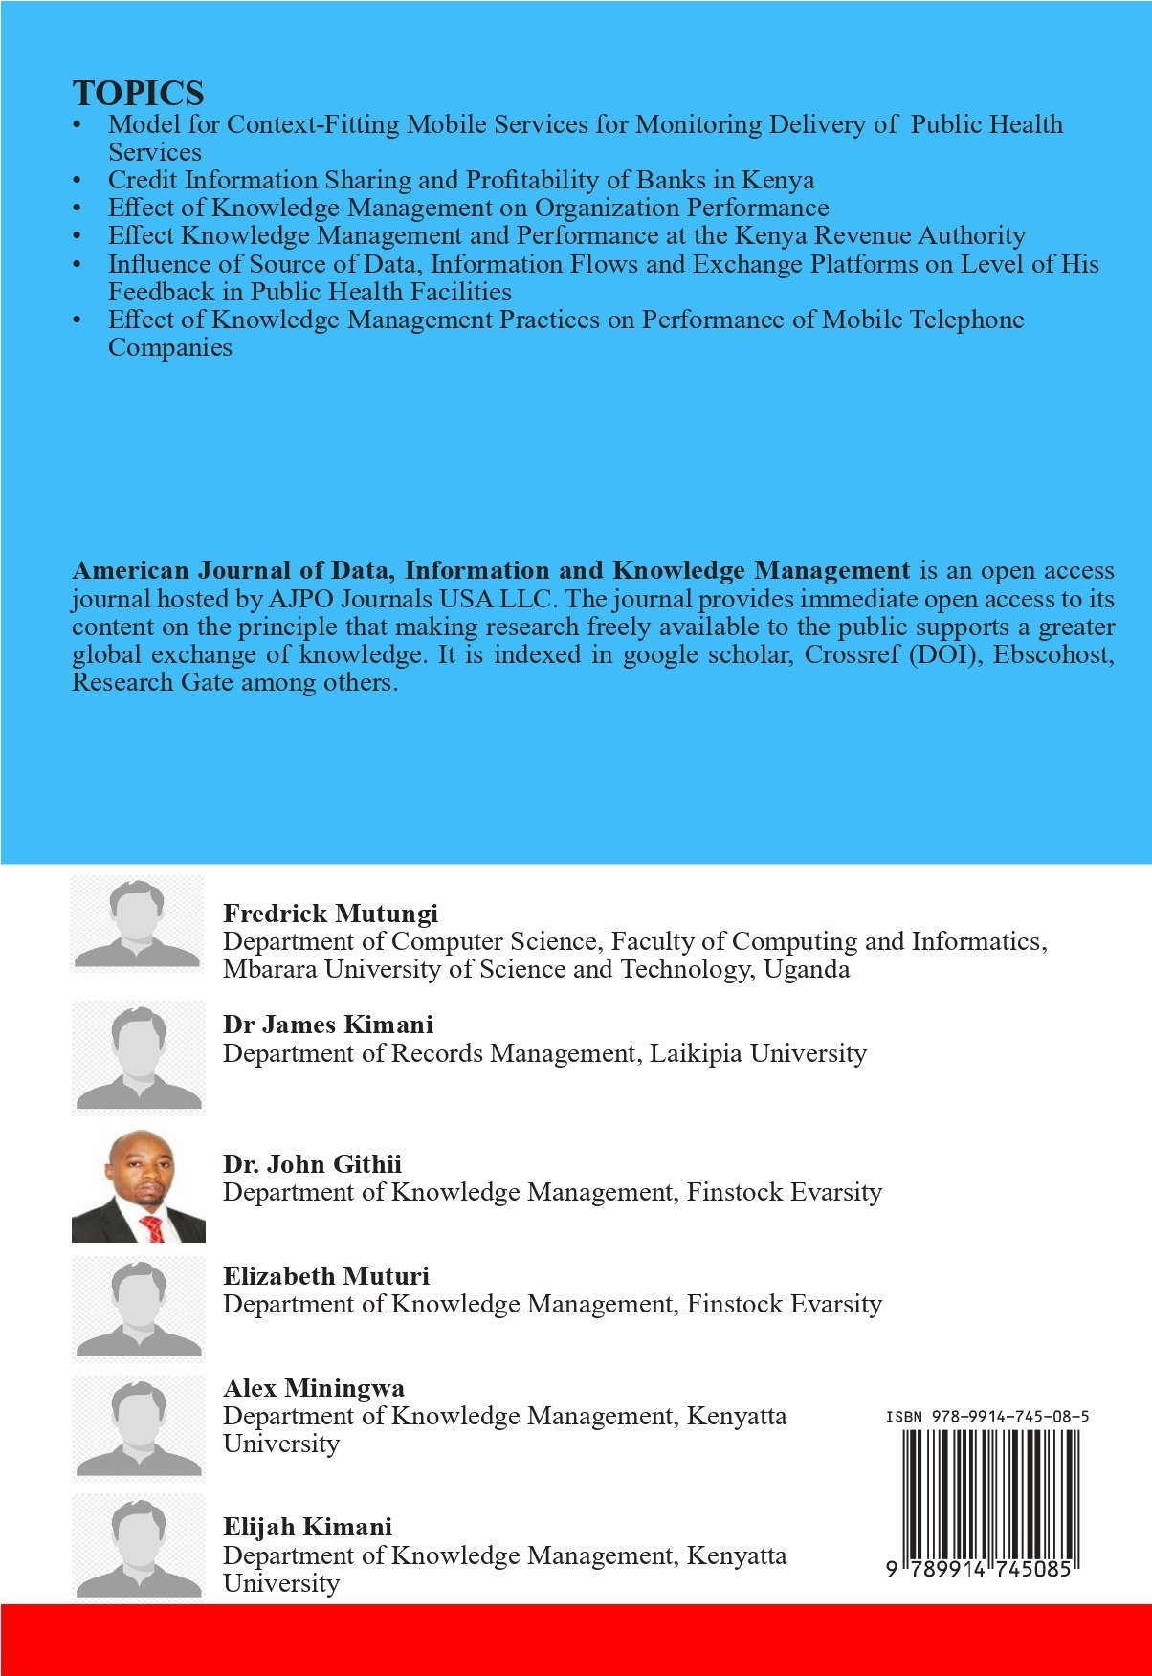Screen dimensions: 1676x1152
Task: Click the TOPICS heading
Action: click(x=138, y=94)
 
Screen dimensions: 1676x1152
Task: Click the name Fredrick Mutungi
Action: click(x=330, y=914)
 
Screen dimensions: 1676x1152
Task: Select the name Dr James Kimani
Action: click(x=327, y=1025)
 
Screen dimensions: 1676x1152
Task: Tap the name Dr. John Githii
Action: click(x=312, y=1164)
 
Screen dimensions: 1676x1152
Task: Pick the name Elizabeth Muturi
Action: click(x=326, y=1276)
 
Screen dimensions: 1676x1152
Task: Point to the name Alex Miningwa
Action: click(x=314, y=1388)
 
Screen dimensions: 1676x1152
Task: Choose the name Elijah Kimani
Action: click(x=307, y=1527)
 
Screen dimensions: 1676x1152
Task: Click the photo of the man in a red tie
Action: click(x=139, y=1186)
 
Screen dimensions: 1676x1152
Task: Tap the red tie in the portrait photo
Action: click(x=152, y=1227)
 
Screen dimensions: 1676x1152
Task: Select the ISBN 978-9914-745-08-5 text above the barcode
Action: click(x=986, y=1417)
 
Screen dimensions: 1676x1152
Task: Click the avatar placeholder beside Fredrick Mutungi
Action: click(x=138, y=924)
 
